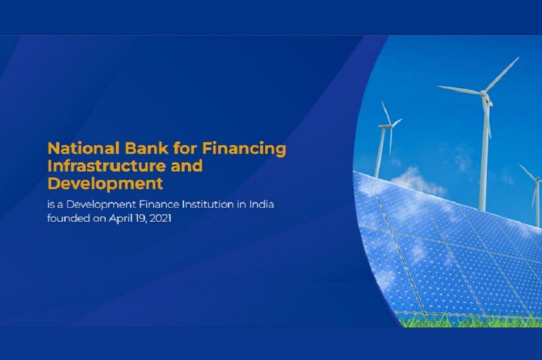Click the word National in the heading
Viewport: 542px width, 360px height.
click(83, 148)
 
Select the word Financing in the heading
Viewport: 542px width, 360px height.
click(244, 149)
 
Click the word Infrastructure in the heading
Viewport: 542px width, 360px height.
click(106, 166)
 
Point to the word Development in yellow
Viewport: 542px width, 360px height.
click(105, 184)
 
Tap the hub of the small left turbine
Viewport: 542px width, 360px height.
click(389, 126)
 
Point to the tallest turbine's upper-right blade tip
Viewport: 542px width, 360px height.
click(518, 57)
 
